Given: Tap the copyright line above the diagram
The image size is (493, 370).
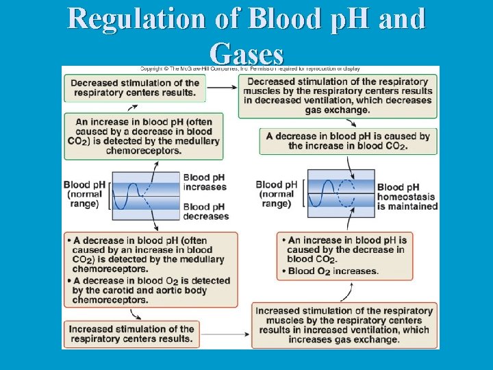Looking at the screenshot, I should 251,69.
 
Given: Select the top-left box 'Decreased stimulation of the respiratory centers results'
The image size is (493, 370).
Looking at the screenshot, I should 134,88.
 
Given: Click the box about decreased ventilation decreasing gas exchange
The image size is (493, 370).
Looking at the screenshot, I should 338,96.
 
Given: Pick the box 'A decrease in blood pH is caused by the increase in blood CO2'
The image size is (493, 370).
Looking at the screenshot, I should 348,141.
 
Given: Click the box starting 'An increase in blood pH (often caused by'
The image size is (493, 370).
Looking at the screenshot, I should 148,136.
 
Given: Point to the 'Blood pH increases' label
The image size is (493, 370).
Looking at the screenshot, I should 205,182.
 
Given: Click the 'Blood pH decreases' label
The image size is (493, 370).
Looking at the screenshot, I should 205,212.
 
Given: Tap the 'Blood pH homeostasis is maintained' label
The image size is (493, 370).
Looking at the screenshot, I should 407,197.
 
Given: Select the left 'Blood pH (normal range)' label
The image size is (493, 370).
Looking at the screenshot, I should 85,194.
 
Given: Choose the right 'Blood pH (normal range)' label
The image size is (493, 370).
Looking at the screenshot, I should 277,194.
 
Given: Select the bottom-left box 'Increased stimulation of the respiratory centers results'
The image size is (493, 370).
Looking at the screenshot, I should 131,334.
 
